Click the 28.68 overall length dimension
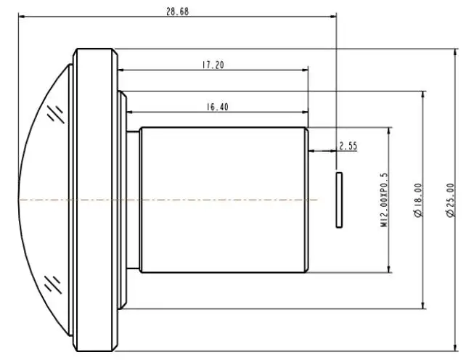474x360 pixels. click(x=177, y=12)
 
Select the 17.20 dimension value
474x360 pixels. click(x=213, y=65)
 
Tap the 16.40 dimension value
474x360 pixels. click(x=217, y=107)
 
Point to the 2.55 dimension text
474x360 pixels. click(x=348, y=146)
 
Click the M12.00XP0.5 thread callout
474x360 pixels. click(x=383, y=200)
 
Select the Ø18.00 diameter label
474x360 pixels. click(x=418, y=200)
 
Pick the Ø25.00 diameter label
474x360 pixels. click(x=450, y=200)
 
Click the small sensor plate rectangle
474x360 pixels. click(x=339, y=200)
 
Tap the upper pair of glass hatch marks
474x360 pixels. click(x=56, y=114)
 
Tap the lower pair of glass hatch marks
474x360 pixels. click(x=54, y=285)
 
